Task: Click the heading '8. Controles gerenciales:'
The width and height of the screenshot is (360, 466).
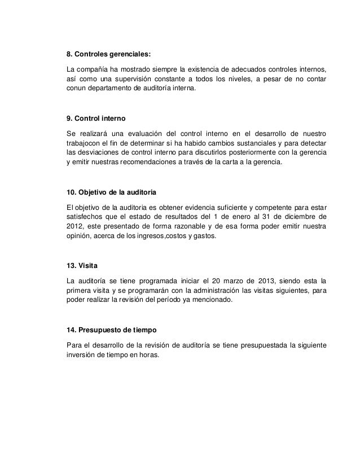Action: point(109,55)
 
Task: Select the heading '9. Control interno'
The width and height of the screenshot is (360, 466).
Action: point(96,120)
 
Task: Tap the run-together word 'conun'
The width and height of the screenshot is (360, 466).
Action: point(77,89)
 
